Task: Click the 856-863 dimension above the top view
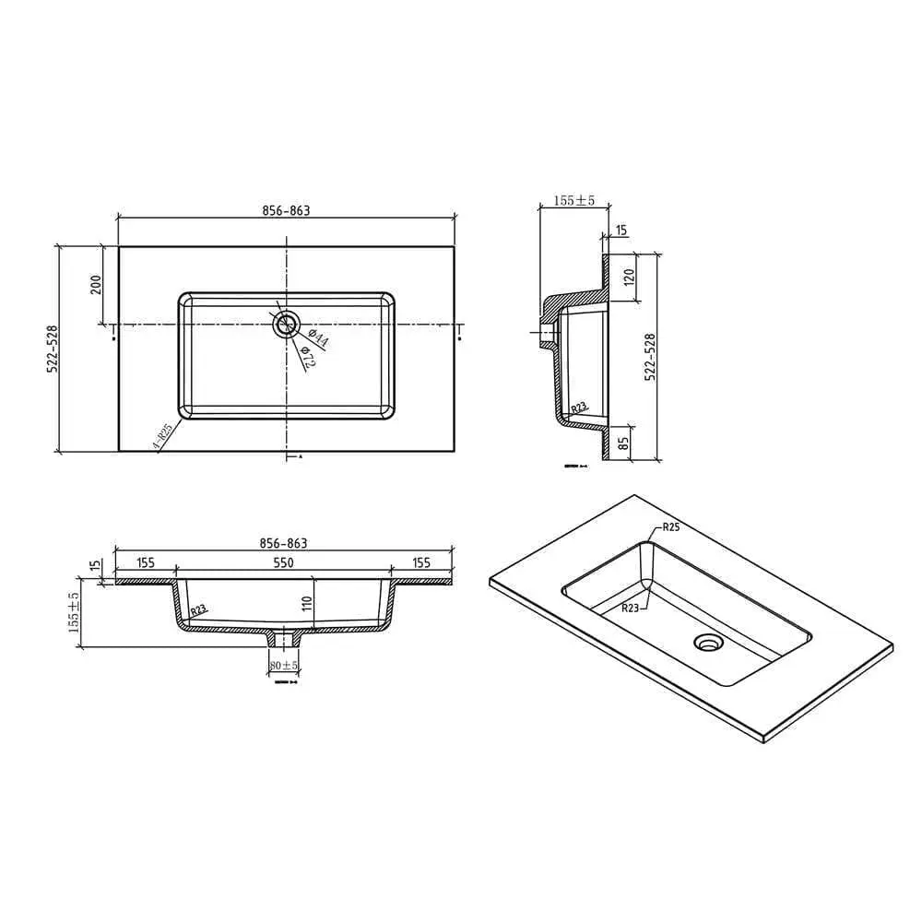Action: pos(287,210)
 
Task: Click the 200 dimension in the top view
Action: pos(96,285)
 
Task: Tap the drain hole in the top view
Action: pos(287,323)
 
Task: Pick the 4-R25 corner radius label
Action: pos(162,436)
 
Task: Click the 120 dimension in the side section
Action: pos(629,276)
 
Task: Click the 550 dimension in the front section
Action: pos(283,561)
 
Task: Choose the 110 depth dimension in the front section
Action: pos(308,606)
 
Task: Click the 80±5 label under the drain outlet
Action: pos(282,665)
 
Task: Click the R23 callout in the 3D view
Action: pos(631,607)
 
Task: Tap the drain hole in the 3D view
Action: pos(708,643)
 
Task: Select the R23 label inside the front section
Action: pos(198,610)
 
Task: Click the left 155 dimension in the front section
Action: pos(145,561)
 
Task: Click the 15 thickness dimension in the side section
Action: pos(621,229)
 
